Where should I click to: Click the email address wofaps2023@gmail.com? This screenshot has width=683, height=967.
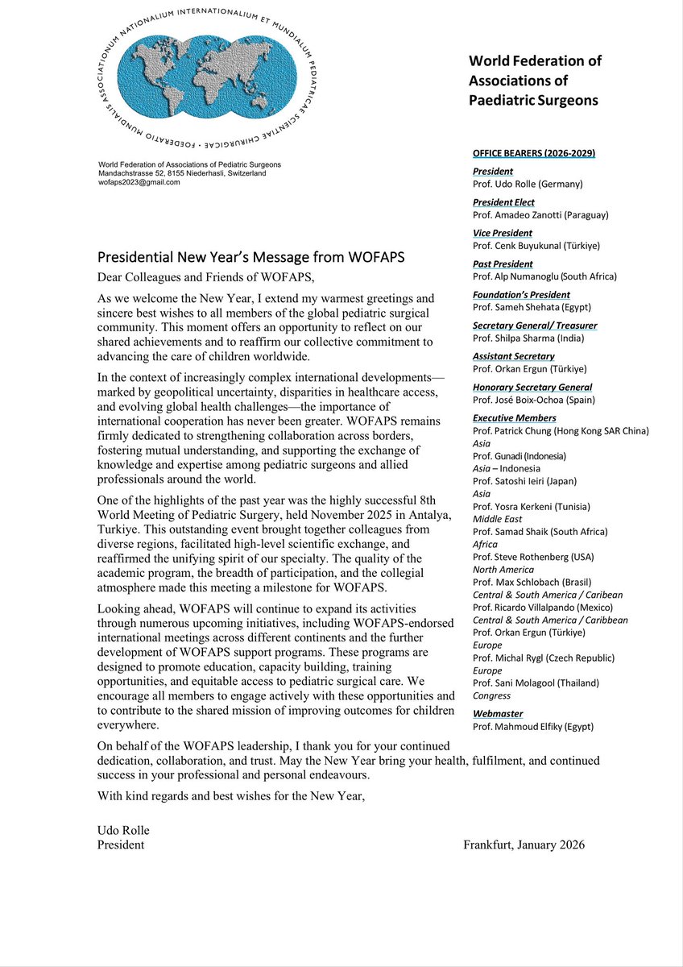(139, 182)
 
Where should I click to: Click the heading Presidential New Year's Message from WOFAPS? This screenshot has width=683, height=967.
(250, 259)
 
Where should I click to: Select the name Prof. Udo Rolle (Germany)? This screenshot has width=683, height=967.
(528, 184)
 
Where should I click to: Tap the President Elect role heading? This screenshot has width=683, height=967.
(503, 202)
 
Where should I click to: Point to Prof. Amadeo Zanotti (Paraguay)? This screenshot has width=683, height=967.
(540, 215)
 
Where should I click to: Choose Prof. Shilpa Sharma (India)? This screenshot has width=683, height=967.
(528, 338)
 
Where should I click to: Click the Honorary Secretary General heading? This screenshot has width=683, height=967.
(532, 388)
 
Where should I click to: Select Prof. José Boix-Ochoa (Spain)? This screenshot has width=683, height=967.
(534, 400)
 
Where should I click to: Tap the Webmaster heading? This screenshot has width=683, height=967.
(498, 713)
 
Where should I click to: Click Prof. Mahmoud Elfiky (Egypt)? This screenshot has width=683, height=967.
(533, 726)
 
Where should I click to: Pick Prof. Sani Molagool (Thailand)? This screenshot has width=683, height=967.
(536, 683)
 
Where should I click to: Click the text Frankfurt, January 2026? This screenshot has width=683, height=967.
(524, 845)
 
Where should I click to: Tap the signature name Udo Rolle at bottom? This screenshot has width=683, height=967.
(123, 831)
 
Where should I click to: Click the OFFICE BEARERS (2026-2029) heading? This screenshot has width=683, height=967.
(534, 153)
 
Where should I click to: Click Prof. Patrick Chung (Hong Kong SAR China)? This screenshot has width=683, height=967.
(561, 431)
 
